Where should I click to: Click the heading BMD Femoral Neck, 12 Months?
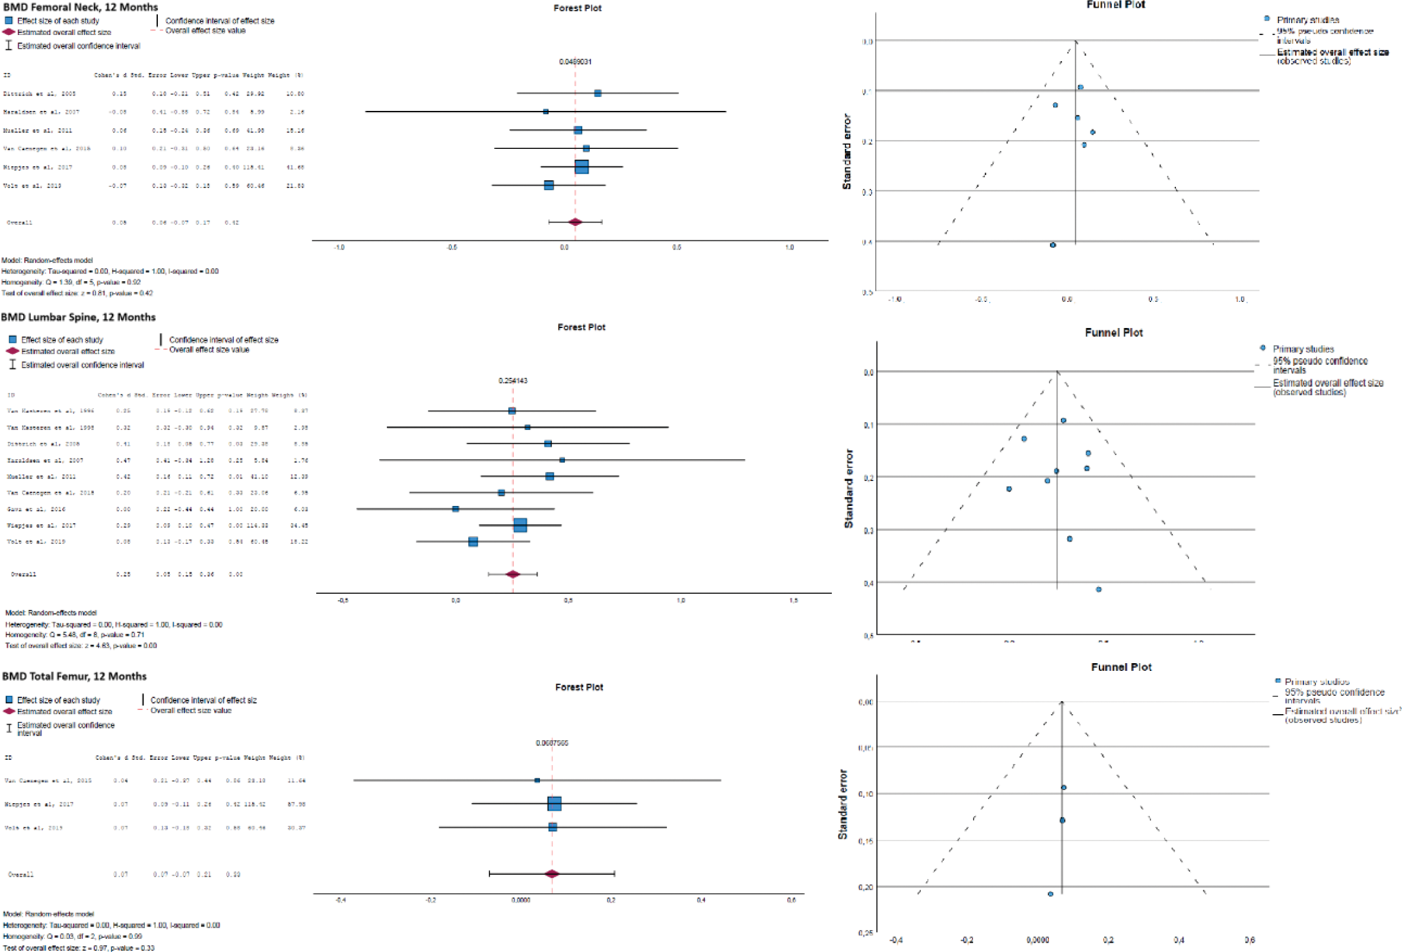coord(80,7)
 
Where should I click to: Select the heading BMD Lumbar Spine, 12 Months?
coord(78,317)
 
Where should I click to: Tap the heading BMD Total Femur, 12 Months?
coord(74,676)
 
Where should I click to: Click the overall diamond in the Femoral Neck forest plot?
coord(575,222)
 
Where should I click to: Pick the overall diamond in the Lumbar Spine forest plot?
coord(513,575)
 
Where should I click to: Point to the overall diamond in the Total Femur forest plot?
coord(551,874)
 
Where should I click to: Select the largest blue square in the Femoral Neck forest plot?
coord(581,167)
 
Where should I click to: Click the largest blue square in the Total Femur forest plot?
coord(554,804)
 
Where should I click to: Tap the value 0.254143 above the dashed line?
coord(513,381)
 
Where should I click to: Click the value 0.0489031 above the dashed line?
coord(575,62)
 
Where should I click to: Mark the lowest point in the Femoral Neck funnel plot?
coord(1053,246)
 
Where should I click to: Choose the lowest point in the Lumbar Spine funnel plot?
coord(1099,590)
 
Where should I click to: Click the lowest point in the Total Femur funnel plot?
coord(1050,894)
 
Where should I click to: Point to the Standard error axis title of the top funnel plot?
coord(847,151)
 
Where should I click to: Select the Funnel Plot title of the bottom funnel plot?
coord(1121,667)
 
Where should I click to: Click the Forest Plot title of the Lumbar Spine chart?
coord(581,327)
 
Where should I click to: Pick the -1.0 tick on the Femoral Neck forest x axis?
coord(339,248)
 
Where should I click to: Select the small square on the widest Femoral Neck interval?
coord(545,112)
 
